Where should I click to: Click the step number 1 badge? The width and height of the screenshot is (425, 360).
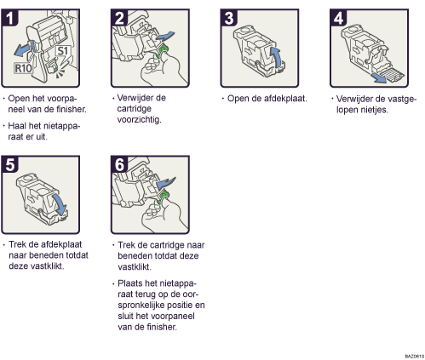9,17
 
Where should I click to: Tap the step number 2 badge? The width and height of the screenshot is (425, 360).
119,17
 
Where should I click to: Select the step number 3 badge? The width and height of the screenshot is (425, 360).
229,17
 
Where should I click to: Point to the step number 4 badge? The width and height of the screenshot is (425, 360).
338,17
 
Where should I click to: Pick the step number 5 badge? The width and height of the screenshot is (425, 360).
9,164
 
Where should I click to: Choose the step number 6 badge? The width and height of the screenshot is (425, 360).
119,164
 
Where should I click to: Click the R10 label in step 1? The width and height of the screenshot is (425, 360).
23,68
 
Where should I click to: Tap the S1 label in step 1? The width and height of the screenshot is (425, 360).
62,51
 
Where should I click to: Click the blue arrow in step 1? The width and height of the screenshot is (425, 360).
22,49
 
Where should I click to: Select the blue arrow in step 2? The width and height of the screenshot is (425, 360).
165,37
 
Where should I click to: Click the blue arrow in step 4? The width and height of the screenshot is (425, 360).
380,78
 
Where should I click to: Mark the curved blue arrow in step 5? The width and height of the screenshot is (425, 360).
60,204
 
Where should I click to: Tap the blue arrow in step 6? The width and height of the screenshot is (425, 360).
166,182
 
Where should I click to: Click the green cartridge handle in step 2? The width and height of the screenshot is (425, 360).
163,50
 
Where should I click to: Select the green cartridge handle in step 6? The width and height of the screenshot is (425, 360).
163,197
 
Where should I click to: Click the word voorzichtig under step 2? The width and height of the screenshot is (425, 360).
139,120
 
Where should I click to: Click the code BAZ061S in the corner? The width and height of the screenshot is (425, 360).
414,356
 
